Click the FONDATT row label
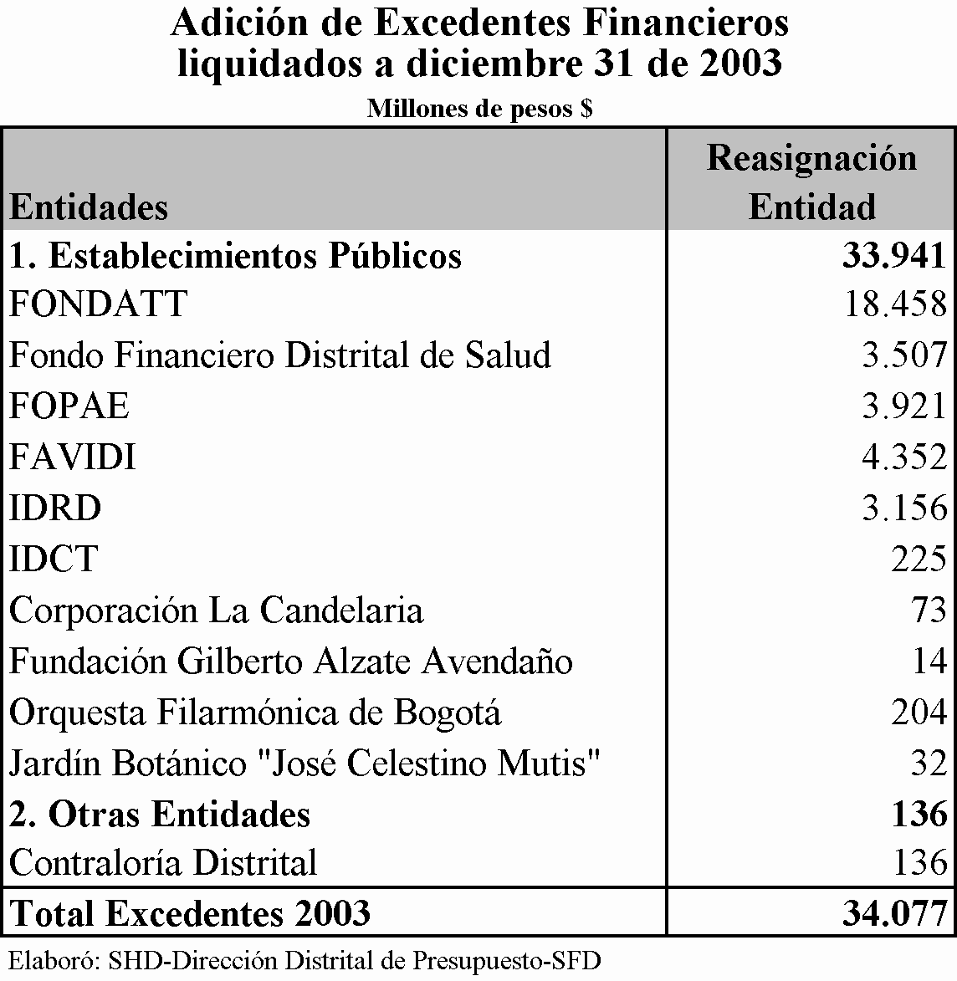click(98, 304)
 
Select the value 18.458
click(895, 304)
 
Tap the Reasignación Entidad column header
click(811, 182)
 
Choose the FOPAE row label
click(69, 406)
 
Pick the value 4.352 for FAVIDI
click(904, 457)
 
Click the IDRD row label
click(55, 508)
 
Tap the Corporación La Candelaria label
click(216, 611)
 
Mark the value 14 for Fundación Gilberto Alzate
click(929, 662)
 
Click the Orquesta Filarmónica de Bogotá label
click(255, 713)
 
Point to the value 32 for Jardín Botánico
click(929, 764)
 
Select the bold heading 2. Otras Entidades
click(160, 815)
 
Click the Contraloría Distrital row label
click(163, 862)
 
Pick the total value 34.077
click(894, 912)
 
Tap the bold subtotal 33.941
click(894, 256)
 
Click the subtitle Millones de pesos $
click(479, 109)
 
